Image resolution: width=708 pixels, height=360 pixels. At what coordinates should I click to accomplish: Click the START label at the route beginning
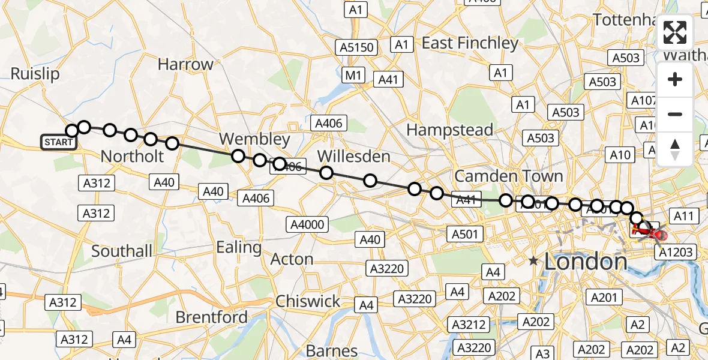click(59, 142)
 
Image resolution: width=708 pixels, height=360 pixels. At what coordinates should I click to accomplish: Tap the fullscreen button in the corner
click(675, 32)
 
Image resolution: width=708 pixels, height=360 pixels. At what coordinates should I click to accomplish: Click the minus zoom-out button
click(675, 114)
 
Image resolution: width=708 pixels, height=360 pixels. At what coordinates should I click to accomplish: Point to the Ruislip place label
click(35, 74)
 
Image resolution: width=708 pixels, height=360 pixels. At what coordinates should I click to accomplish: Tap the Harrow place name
click(185, 64)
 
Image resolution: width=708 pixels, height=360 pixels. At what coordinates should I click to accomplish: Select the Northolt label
click(132, 157)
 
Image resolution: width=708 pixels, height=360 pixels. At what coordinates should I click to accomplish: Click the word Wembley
click(254, 139)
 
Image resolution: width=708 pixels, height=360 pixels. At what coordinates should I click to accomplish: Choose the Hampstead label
click(449, 130)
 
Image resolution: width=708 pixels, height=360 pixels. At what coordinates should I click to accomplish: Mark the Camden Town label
click(509, 176)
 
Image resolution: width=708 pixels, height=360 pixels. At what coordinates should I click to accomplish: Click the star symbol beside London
click(533, 261)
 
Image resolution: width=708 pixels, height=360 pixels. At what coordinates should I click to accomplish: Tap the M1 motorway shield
click(353, 75)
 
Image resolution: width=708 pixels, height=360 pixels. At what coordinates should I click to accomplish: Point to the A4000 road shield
click(307, 225)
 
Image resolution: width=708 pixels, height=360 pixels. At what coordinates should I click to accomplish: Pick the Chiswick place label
click(308, 301)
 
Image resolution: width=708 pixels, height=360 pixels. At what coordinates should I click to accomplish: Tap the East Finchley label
click(470, 43)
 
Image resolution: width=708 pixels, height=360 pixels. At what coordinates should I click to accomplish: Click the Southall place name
click(122, 251)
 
